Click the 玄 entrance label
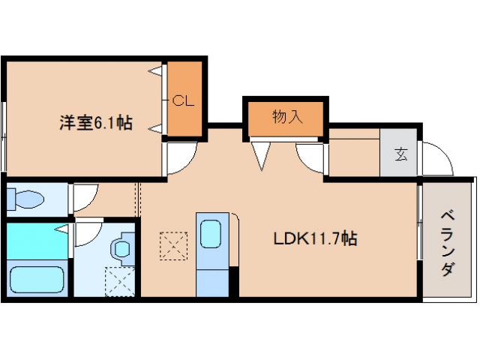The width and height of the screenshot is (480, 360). (x=401, y=155)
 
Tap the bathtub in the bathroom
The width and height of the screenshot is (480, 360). (x=35, y=279)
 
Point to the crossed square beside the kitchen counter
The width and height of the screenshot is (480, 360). (x=172, y=245)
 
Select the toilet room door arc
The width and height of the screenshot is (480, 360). (x=82, y=196)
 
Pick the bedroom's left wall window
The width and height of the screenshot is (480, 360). (x=4, y=139)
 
